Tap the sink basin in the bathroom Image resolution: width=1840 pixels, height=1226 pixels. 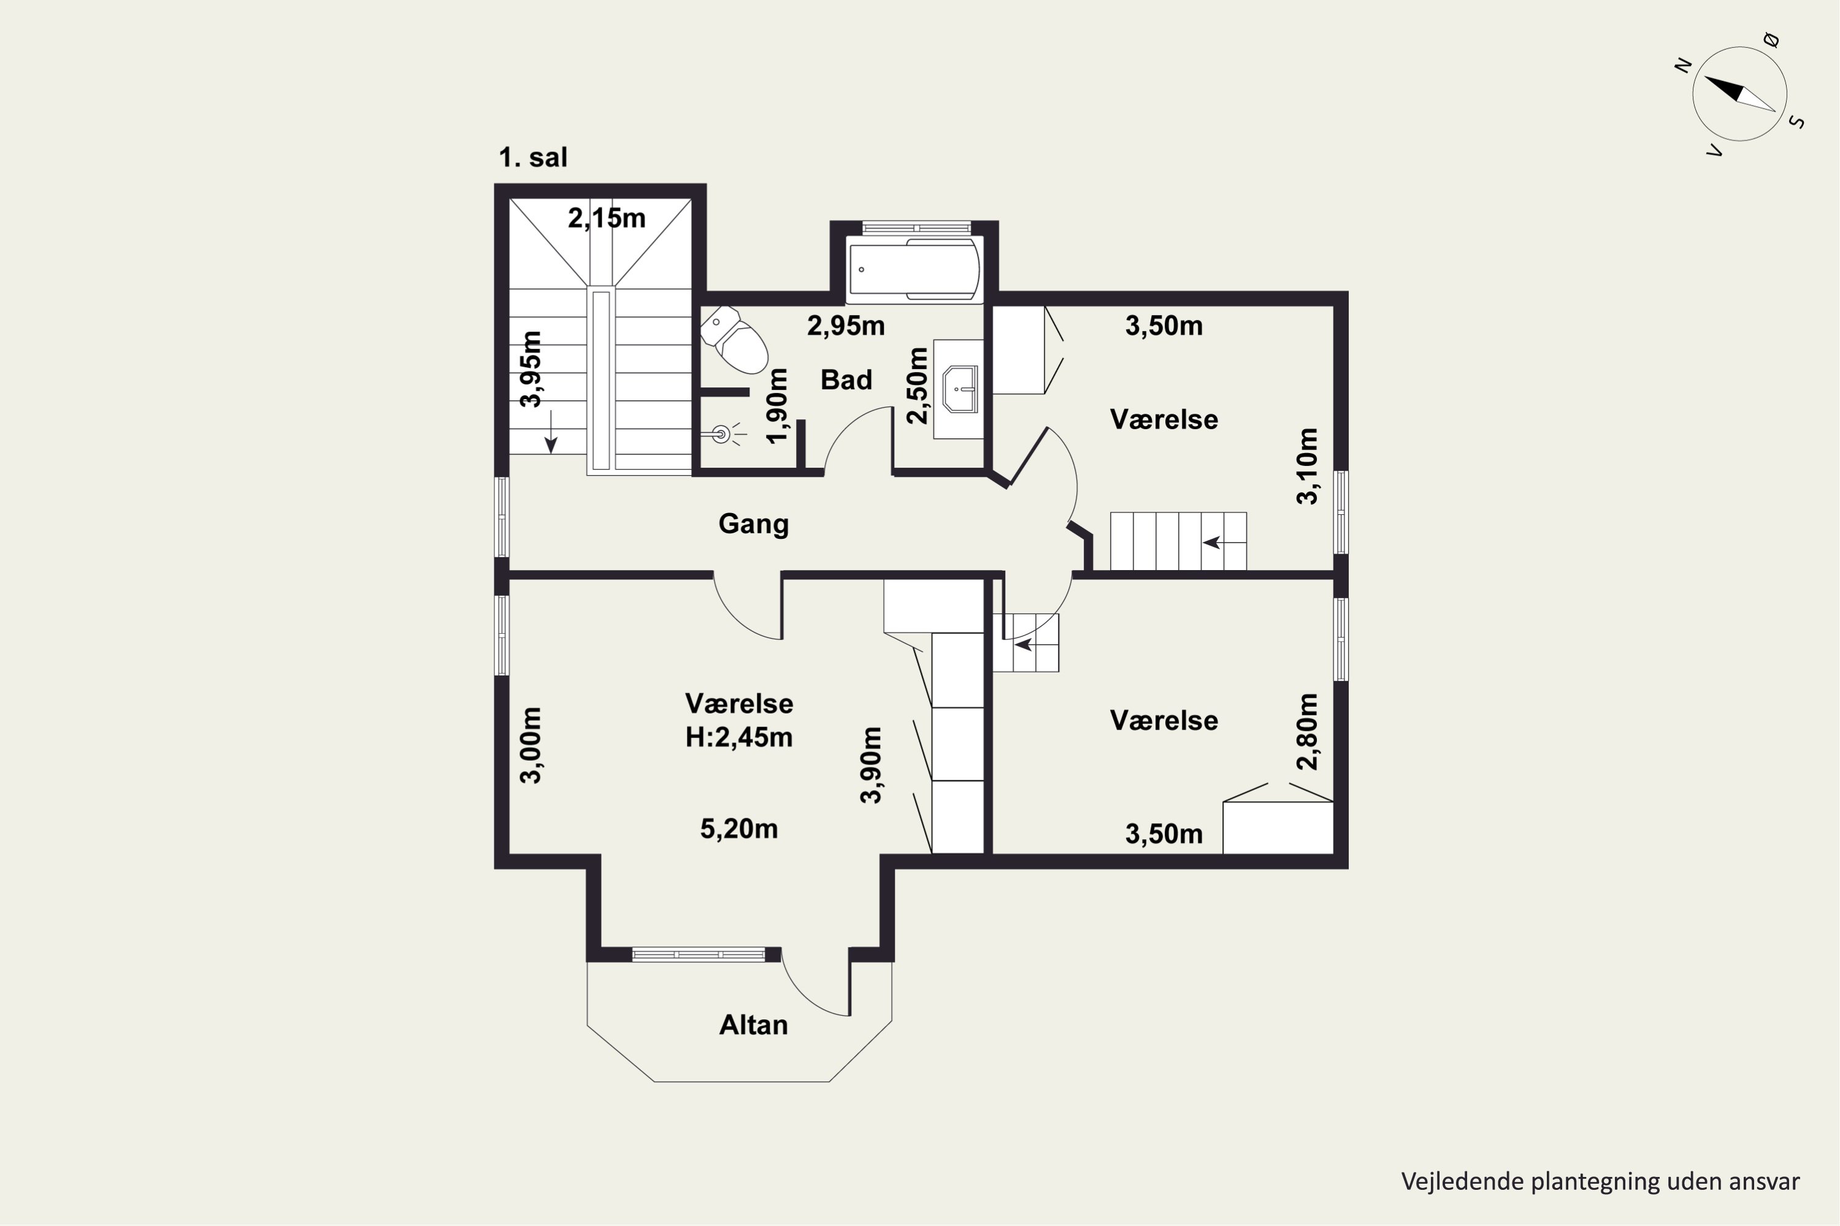pos(960,389)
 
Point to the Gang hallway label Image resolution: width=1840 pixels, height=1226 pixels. pos(753,524)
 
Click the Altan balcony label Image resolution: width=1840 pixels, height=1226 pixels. pos(753,1024)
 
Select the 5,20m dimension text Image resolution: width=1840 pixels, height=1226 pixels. pos(738,829)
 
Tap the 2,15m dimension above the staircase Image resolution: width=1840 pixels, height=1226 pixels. pos(607,218)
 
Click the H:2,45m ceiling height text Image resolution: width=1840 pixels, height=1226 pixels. pos(738,737)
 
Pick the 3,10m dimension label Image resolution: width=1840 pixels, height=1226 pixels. pos(1307,466)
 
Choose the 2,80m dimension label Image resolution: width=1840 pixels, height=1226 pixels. pos(1307,732)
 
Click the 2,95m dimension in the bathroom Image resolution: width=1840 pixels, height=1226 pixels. pos(846,326)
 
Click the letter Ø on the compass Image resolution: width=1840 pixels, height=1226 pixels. pos(1772,40)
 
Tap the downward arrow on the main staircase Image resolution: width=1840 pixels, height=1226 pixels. pos(551,432)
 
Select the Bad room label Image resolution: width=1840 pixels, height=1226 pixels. pos(846,380)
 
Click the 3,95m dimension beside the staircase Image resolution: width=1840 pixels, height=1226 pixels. pos(531,369)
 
